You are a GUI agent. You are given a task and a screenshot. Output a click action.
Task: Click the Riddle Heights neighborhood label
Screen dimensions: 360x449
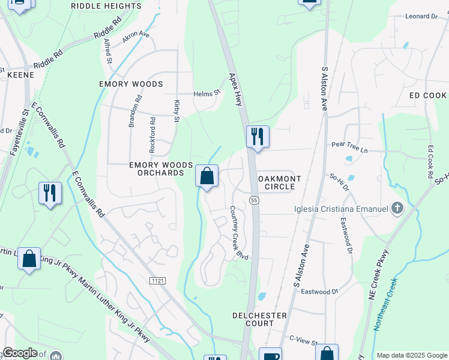106,6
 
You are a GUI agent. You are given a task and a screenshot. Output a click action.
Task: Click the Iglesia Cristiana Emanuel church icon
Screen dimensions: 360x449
396,209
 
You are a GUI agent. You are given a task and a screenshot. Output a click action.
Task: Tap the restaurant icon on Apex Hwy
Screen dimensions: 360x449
257,136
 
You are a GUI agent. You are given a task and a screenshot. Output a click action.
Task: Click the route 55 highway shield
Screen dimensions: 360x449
255,200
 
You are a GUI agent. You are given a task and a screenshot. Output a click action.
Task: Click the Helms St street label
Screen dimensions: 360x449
207,94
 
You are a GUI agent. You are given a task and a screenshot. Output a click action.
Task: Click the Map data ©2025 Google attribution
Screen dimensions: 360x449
411,355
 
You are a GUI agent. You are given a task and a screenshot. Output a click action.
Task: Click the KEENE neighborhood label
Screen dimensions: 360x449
22,75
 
